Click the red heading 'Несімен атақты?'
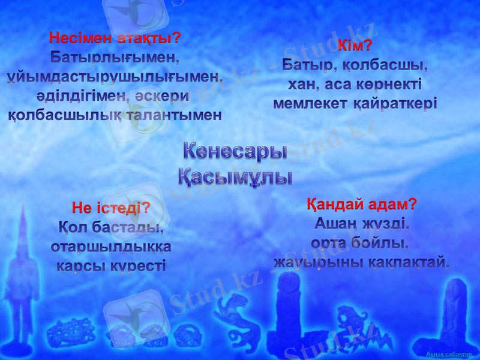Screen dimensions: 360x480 click(x=115, y=38)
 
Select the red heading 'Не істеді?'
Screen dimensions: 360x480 click(x=110, y=209)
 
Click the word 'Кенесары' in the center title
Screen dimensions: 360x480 click(x=235, y=151)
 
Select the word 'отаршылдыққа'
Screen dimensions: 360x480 click(x=111, y=247)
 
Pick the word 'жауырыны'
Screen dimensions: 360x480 click(x=309, y=262)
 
